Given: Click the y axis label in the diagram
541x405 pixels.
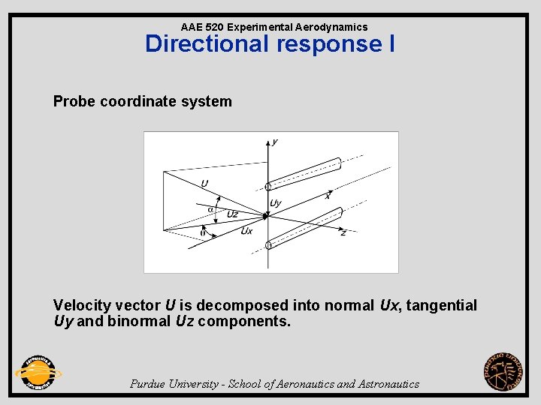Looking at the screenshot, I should [275, 142].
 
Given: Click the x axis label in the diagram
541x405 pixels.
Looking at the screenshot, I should [328, 196].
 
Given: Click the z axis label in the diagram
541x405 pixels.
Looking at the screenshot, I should [343, 233].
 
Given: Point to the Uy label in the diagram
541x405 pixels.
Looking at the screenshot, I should [276, 203].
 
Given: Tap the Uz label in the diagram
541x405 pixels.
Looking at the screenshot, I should [232, 214].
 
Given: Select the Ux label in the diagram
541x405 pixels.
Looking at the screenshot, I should [246, 231].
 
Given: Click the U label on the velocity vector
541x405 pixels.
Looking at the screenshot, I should [204, 184].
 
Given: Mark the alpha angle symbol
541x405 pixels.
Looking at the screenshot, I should [210, 208].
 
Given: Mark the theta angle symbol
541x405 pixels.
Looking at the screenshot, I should [202, 232].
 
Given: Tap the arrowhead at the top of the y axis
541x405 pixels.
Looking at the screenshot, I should [268, 140].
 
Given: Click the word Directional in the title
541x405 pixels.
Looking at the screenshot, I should [208, 43].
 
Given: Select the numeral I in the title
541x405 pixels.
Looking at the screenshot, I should [391, 43].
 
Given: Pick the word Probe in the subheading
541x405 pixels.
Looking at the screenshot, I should [73, 101].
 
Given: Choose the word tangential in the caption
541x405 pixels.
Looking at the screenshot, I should [441, 305].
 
